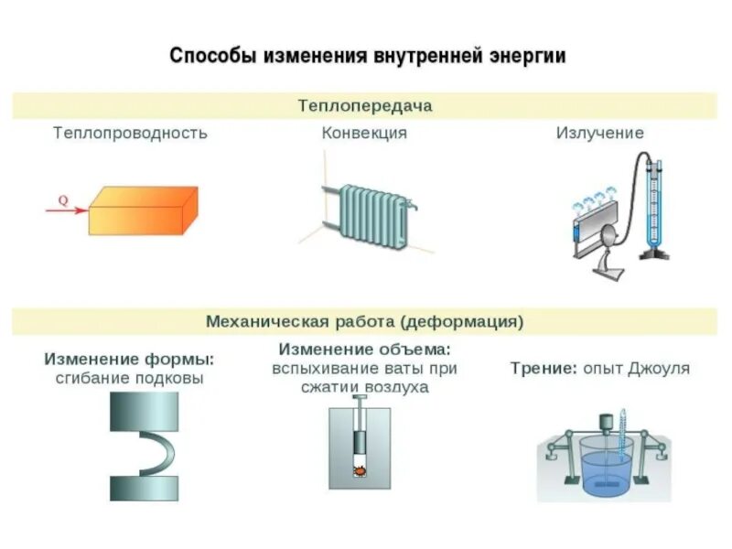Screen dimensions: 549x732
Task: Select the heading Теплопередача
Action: pos(365,105)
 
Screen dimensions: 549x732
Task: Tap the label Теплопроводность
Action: pos(130,133)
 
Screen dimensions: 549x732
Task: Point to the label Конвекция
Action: pos(364,133)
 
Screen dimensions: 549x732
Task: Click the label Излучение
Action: pos(600,133)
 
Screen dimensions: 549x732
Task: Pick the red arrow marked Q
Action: pos(67,210)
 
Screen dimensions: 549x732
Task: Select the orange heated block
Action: pos(144,210)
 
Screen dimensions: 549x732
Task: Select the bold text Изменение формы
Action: pos(129,358)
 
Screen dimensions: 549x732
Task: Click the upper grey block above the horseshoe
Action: pos(144,412)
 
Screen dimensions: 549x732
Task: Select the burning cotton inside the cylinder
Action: pos(360,471)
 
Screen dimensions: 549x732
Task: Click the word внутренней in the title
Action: pos(424,56)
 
